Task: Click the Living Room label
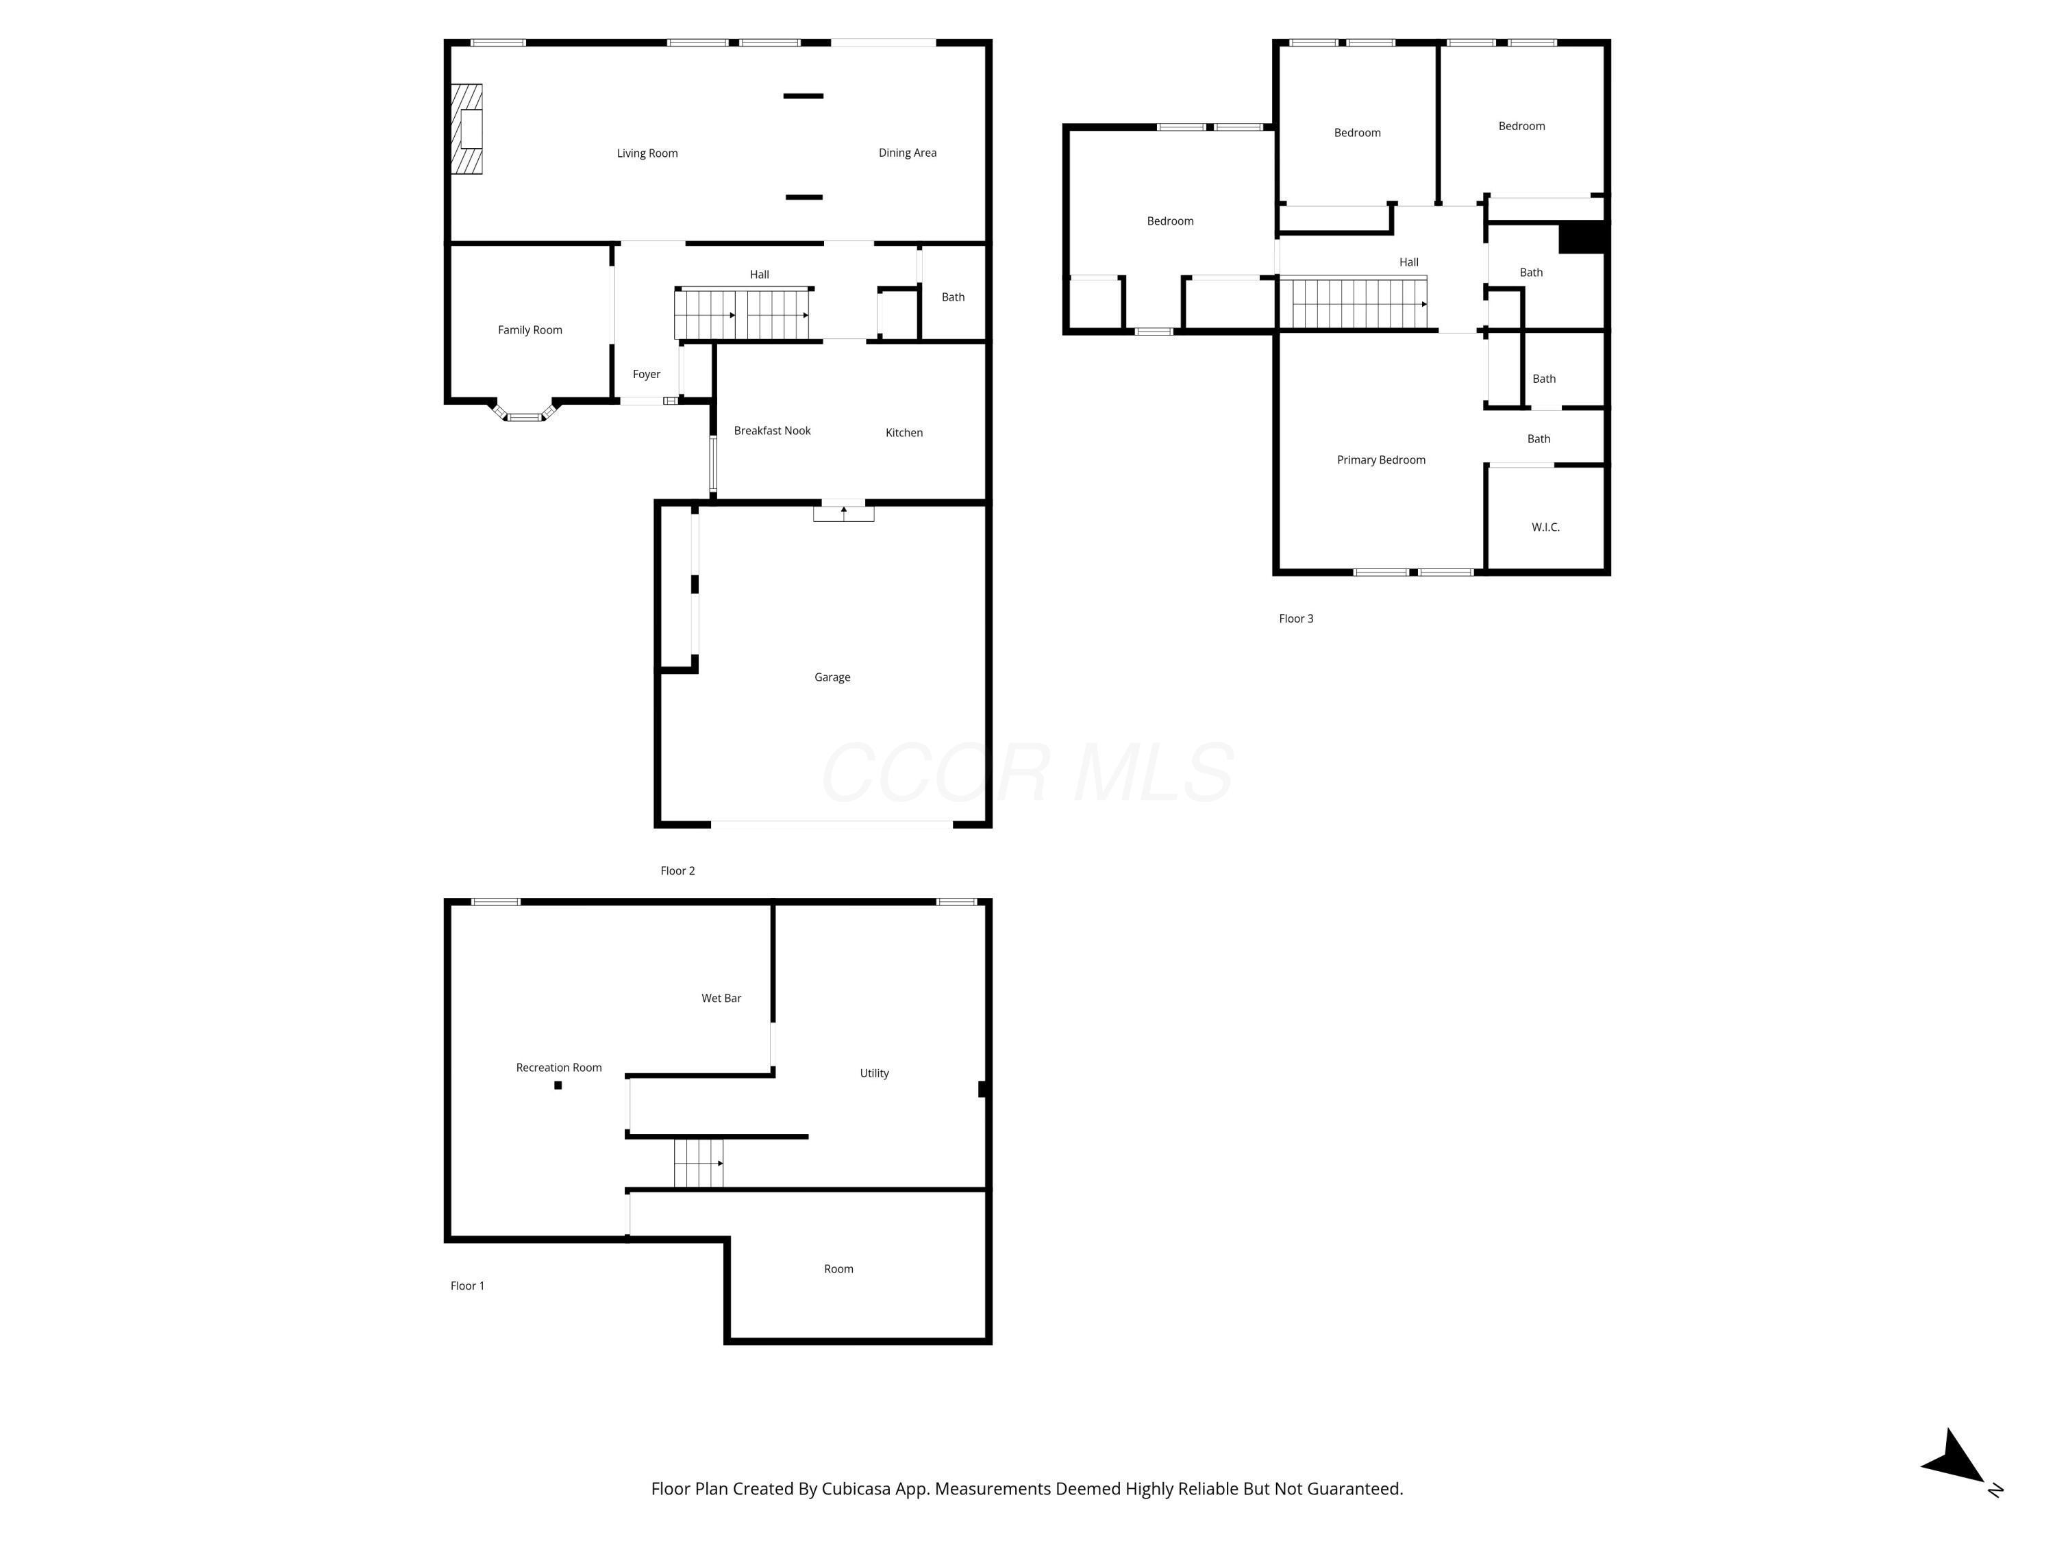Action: [x=647, y=153]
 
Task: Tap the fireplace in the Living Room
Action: [x=467, y=129]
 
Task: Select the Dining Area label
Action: [x=907, y=152]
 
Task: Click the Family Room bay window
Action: [x=524, y=415]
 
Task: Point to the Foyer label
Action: [x=646, y=375]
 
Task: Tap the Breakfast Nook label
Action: [x=771, y=431]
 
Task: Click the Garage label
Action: [x=832, y=677]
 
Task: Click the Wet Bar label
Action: [x=721, y=999]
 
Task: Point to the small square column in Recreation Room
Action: [x=558, y=1085]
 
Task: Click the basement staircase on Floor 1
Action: [x=698, y=1163]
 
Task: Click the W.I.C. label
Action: [x=1545, y=527]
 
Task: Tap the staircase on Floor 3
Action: [x=1353, y=303]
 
